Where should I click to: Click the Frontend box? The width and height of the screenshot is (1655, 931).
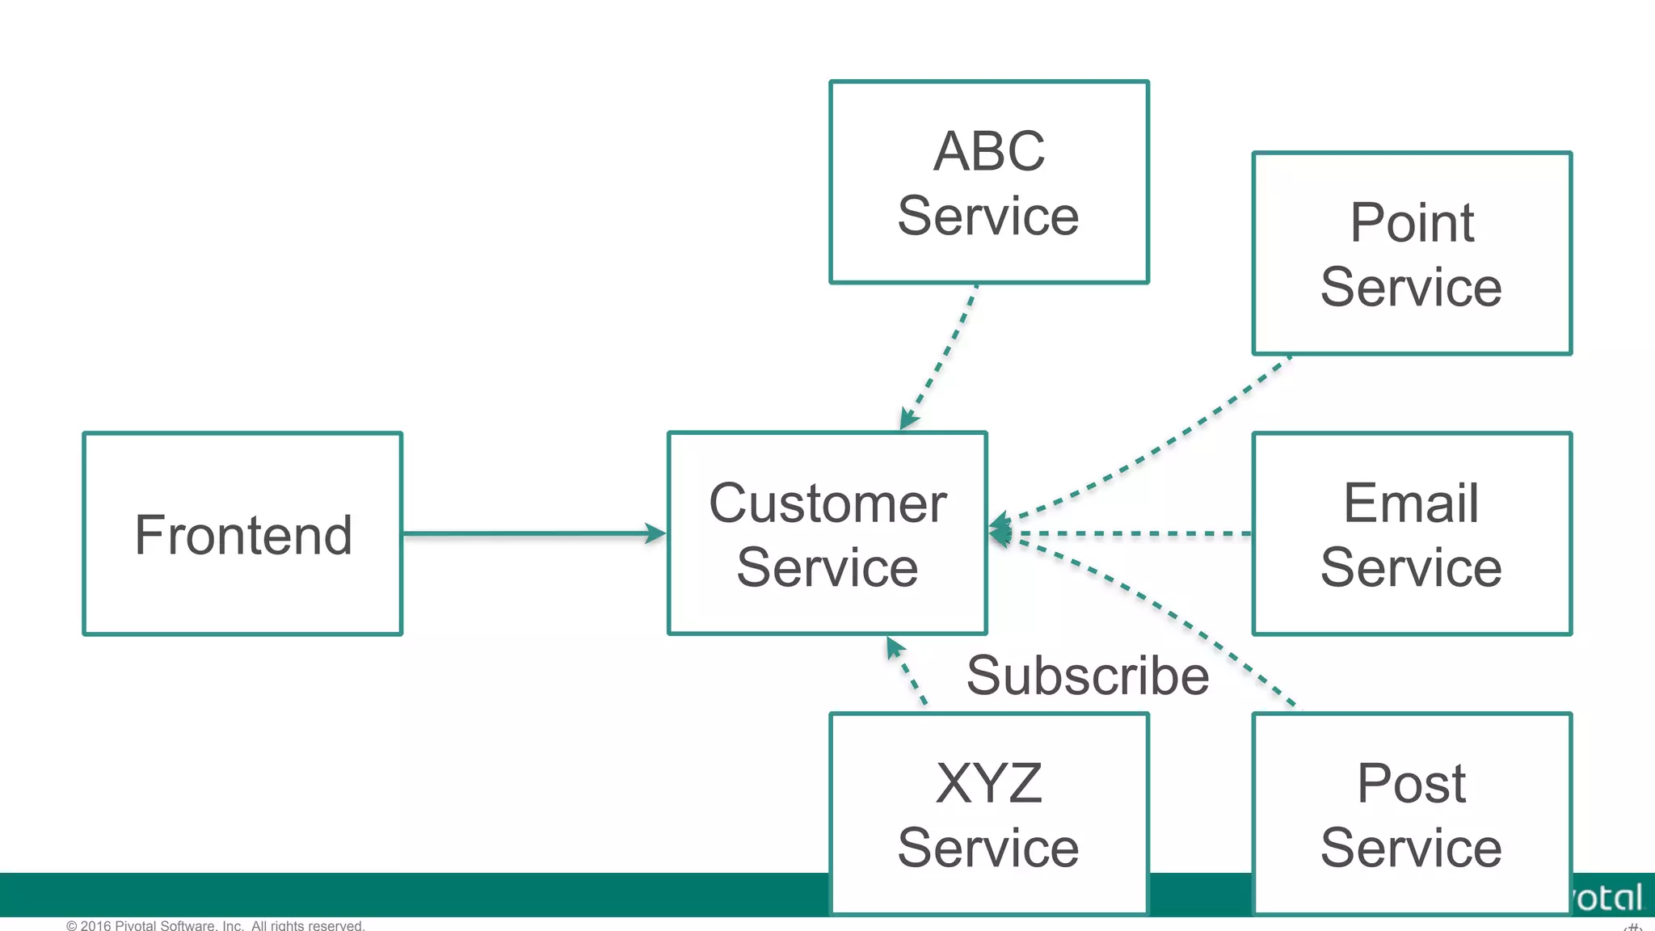[242, 533]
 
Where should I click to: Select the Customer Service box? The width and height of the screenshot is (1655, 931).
[827, 533]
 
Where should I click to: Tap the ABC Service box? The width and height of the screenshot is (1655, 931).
[988, 182]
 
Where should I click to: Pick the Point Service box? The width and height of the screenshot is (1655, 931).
[1411, 253]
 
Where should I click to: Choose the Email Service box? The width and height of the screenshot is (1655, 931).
[1411, 533]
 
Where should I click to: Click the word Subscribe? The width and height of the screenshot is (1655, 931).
[1087, 676]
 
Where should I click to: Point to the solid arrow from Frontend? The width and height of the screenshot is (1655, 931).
[525, 533]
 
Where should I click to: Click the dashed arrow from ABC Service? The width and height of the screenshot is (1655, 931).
[942, 356]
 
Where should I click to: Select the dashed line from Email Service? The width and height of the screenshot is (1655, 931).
[1131, 533]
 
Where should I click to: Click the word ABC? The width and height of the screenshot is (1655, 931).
[988, 151]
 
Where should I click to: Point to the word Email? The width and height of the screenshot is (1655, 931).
[1411, 503]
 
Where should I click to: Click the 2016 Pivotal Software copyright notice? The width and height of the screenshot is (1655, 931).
[216, 925]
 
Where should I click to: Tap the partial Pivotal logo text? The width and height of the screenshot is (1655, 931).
[1608, 898]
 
